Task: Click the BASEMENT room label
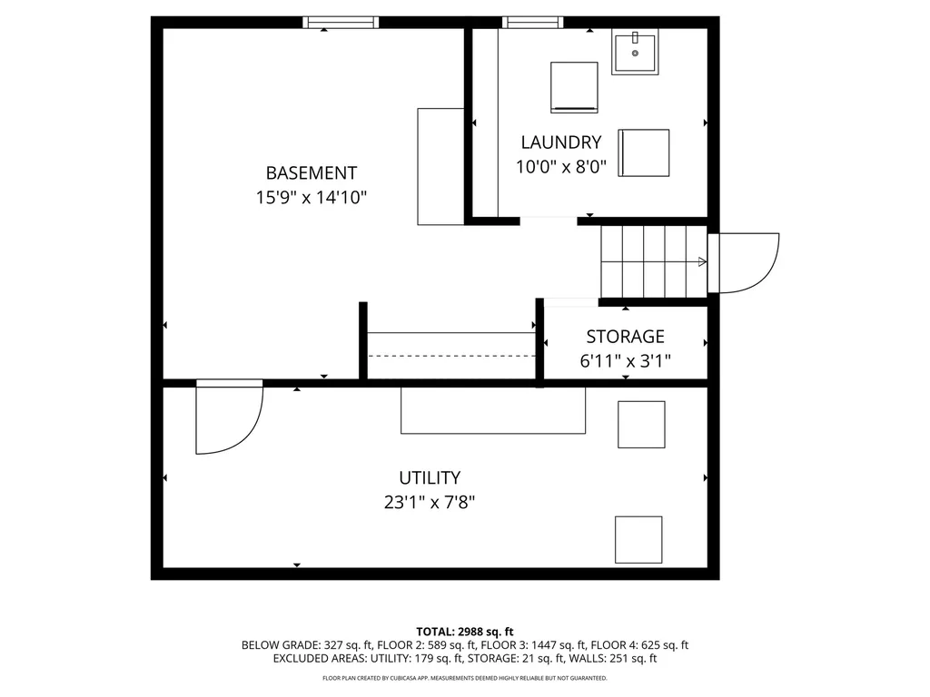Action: (x=312, y=173)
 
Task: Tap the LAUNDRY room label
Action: (x=561, y=142)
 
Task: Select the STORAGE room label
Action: (x=625, y=337)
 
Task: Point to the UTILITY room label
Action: (x=430, y=477)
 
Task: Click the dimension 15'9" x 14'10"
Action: (x=312, y=197)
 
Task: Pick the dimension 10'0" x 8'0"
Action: (x=561, y=167)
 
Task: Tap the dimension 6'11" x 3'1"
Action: (x=625, y=361)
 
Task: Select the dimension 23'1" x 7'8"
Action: (x=430, y=503)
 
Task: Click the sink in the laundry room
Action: (x=635, y=53)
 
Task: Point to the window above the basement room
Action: (x=341, y=23)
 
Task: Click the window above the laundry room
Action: (x=532, y=23)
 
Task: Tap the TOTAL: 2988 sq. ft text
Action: (x=465, y=632)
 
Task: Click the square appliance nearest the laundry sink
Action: (x=574, y=87)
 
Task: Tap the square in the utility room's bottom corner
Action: (x=638, y=539)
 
